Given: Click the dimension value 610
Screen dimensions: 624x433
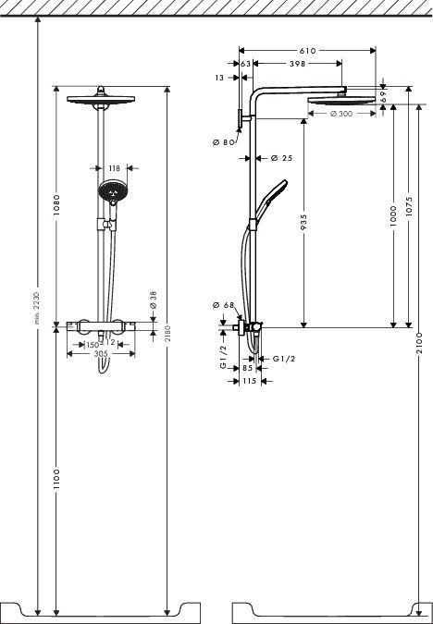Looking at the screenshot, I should pos(306,49).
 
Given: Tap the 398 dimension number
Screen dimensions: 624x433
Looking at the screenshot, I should pos(297,64).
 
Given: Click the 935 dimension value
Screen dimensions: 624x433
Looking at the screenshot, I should pos(303,225).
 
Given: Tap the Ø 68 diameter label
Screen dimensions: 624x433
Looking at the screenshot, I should pos(222,305).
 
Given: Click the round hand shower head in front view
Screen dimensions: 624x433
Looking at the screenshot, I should pos(109,193).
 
